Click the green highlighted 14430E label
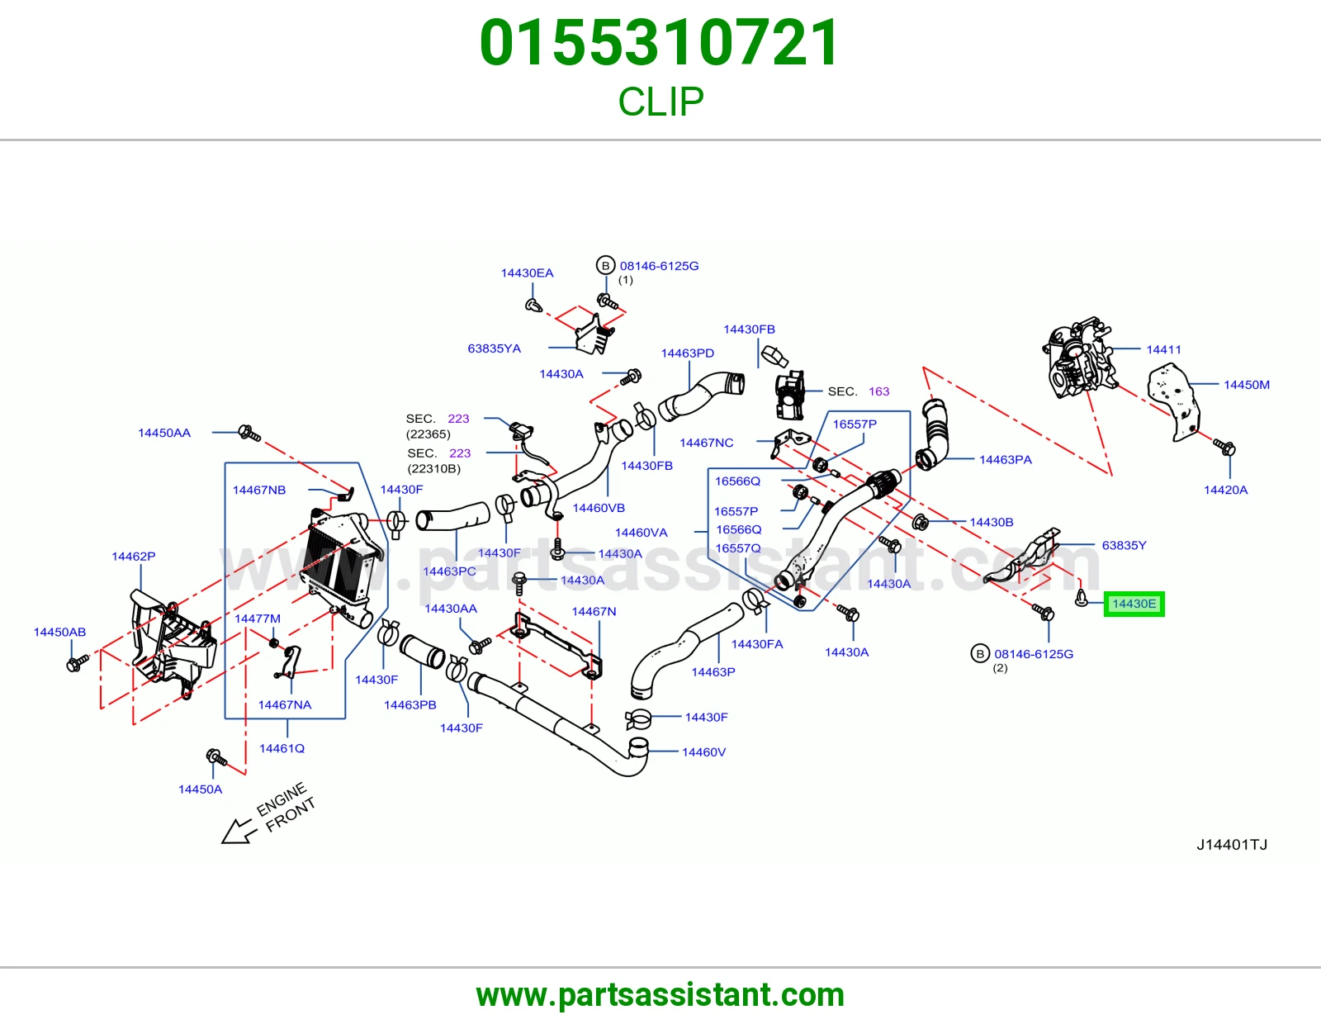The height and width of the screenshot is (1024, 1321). point(1134,604)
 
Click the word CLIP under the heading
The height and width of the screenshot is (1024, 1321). point(660,102)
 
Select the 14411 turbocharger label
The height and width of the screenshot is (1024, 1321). point(1163,349)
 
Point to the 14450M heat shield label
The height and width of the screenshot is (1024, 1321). point(1246,385)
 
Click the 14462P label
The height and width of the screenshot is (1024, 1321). point(134,557)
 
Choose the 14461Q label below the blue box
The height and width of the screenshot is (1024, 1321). point(282,748)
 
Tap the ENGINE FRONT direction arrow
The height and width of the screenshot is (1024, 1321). point(236,832)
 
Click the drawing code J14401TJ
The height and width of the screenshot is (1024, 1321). point(1232,845)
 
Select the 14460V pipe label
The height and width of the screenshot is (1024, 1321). point(704,752)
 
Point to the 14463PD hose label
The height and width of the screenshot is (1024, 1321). point(688,353)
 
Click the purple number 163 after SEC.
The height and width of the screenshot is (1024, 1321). point(879,391)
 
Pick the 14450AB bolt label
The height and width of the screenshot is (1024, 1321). point(59,633)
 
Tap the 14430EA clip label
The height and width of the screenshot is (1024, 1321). point(527,273)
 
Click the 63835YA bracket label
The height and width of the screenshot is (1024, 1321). point(495,348)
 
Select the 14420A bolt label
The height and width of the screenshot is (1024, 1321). point(1225,490)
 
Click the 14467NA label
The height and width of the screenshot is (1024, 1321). point(285,704)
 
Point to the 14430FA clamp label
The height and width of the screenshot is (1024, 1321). point(757,644)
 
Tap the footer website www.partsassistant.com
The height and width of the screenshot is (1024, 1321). point(660,995)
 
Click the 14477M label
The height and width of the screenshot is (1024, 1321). point(258,619)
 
